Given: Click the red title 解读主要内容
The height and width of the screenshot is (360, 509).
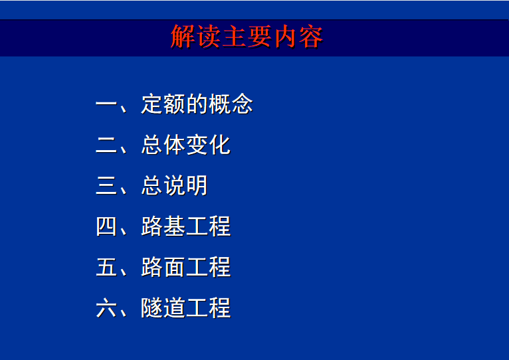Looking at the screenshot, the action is pyautogui.click(x=247, y=37).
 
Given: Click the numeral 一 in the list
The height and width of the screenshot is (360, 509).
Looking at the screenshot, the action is pyautogui.click(x=106, y=104).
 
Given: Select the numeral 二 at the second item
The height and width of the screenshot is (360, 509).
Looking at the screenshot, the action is pyautogui.click(x=106, y=145).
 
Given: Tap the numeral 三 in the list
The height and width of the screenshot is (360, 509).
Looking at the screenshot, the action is pyautogui.click(x=106, y=186).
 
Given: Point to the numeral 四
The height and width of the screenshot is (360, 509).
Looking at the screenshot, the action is pyautogui.click(x=106, y=226).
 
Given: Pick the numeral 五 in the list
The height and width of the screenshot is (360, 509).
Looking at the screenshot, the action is pyautogui.click(x=106, y=267).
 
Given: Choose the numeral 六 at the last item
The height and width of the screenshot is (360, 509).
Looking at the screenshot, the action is pyautogui.click(x=106, y=308).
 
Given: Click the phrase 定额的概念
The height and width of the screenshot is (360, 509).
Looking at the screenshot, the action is pyautogui.click(x=197, y=104).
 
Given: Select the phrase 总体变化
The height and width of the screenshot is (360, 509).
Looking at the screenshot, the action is pyautogui.click(x=185, y=145).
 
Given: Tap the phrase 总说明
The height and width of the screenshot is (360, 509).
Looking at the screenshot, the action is pyautogui.click(x=174, y=186).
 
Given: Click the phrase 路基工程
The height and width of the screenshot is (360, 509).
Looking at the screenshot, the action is pyautogui.click(x=185, y=226).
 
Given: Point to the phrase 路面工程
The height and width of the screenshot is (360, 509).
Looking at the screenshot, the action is pyautogui.click(x=185, y=267).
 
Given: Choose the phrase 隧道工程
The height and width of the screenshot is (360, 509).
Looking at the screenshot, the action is pyautogui.click(x=185, y=308).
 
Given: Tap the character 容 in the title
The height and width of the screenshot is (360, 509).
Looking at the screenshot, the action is pyautogui.click(x=311, y=37).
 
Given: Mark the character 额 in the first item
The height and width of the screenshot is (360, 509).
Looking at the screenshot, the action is pyautogui.click(x=175, y=104).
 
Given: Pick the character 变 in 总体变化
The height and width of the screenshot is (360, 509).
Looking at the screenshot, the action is pyautogui.click(x=197, y=145).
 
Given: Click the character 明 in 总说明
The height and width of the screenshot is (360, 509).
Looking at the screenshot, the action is pyautogui.click(x=197, y=186).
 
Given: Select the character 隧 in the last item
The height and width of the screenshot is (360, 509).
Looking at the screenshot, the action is pyautogui.click(x=152, y=308).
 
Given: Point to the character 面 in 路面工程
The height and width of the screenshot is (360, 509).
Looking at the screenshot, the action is pyautogui.click(x=175, y=267).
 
